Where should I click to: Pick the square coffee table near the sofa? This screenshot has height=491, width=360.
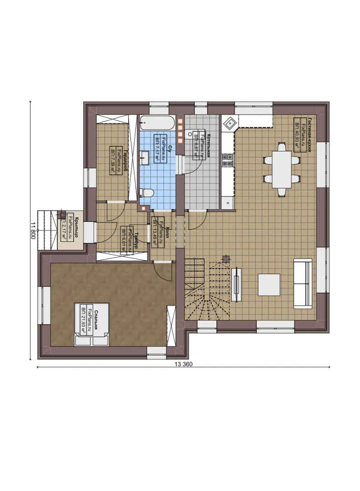coord(269,285)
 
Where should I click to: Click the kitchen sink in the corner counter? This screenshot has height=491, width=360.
coord(230,122)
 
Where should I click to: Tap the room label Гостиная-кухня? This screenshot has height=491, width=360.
coord(309,134)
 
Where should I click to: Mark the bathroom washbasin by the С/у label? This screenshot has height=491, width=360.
coord(145,159)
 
